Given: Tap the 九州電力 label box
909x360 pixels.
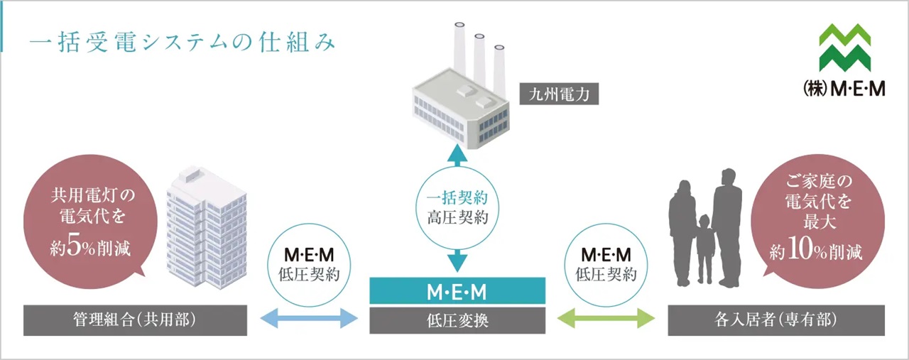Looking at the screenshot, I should click(558, 94).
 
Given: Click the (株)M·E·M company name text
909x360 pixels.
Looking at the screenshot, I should click(844, 90).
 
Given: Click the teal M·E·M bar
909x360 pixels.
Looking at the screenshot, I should click(457, 291).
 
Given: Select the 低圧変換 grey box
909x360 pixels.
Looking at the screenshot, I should click(457, 320).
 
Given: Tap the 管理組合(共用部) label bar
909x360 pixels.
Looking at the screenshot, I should click(135, 320).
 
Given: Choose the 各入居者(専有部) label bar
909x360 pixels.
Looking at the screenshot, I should click(775, 320).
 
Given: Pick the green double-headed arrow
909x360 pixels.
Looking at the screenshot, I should click(606, 319).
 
